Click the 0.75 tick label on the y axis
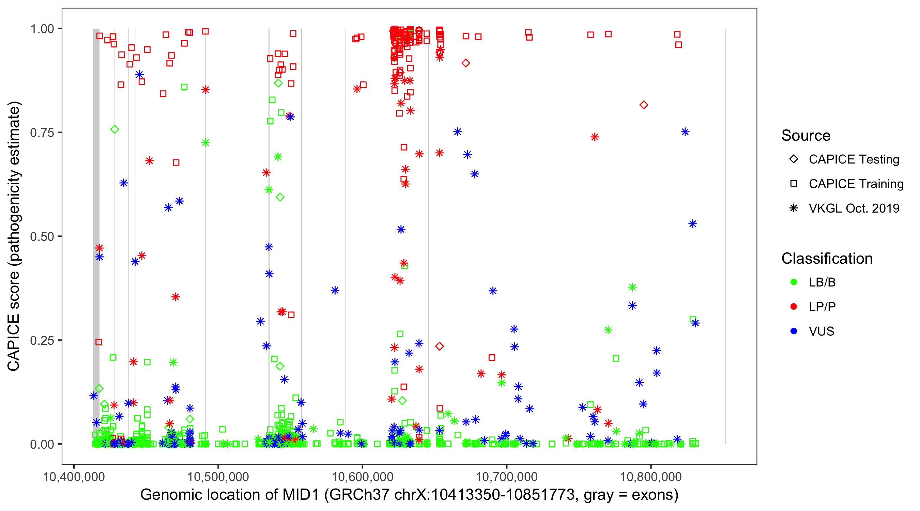[42, 133]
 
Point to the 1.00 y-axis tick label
[42, 29]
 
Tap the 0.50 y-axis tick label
[42, 237]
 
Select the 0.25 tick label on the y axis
[42, 341]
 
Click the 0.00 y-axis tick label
[42, 444]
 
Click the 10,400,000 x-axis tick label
[74, 477]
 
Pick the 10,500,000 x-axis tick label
[218, 477]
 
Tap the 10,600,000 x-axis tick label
[363, 477]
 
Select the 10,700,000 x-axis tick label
[507, 477]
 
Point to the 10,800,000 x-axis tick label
[651, 477]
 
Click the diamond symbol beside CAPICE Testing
[794, 159]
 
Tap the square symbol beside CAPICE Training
[794, 184]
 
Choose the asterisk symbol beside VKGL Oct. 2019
[794, 208]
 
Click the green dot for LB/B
[794, 282]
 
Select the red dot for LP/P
[794, 307]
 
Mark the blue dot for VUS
[794, 331]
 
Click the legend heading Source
[806, 136]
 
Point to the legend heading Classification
[827, 259]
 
